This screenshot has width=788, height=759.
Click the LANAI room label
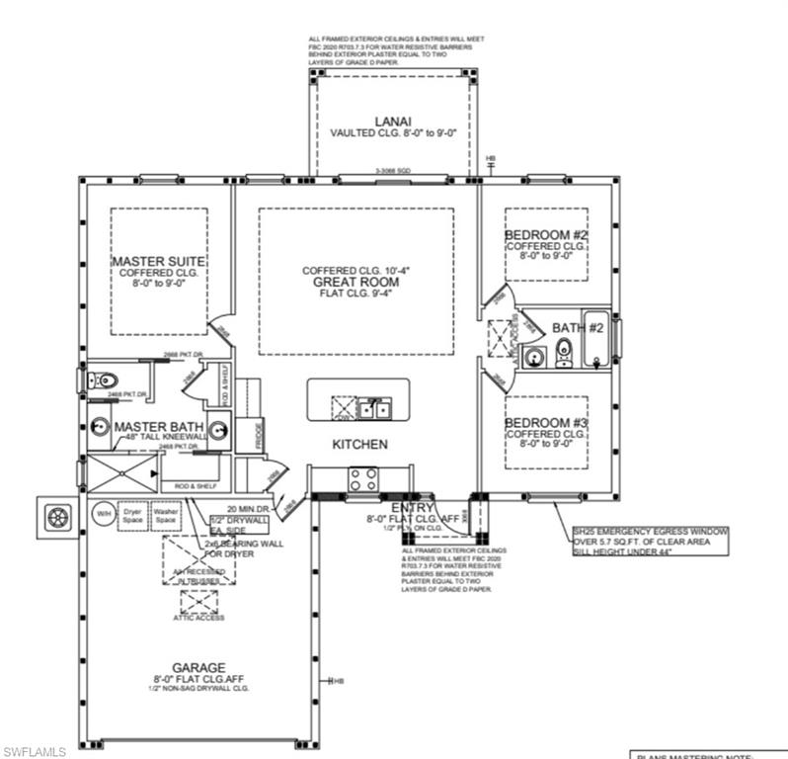[x=385, y=123]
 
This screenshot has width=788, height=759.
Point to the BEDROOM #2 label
[x=546, y=234]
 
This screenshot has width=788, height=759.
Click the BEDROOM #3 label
[x=546, y=423]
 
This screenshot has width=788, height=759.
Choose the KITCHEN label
[x=359, y=445]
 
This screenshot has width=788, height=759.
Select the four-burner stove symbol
[x=362, y=479]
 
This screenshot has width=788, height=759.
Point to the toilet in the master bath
[x=106, y=380]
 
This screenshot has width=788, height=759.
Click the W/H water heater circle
[x=103, y=515]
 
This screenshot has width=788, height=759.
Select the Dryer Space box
[x=132, y=515]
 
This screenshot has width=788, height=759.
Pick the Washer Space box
[x=165, y=515]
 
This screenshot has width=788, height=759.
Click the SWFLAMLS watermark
[x=35, y=751]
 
